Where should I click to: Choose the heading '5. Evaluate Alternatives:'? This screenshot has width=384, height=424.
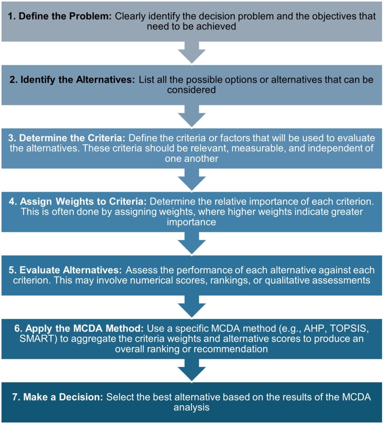point(65,270)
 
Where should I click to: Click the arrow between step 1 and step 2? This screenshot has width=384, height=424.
point(192,53)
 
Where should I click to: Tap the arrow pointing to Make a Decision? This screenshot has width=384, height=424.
point(192,370)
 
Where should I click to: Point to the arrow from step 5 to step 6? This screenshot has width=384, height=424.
point(192,306)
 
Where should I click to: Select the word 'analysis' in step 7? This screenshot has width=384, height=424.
point(192,407)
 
